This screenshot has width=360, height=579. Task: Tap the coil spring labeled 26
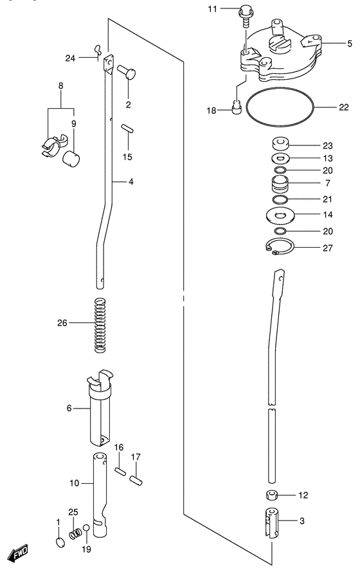[x=100, y=325]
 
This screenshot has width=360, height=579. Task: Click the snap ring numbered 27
[x=280, y=246]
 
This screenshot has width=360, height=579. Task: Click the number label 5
[x=350, y=44]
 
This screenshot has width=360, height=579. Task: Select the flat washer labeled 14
[x=280, y=214]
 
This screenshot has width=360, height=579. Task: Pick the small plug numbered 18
[x=237, y=110]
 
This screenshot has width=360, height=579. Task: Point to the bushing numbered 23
[x=280, y=143]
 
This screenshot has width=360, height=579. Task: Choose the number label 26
[x=62, y=323]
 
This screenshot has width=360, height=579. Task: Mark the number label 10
[x=75, y=483]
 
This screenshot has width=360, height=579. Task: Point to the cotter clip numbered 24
[x=97, y=49]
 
